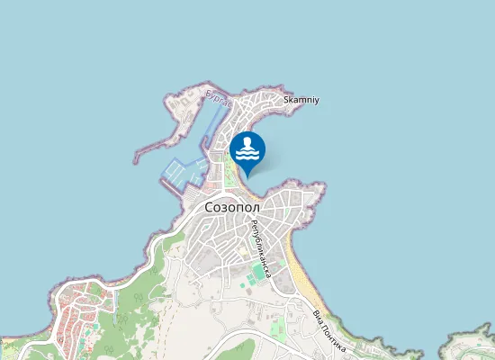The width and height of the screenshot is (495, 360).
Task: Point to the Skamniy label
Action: pos(301,99)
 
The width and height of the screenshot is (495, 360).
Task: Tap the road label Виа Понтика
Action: pos(329,330)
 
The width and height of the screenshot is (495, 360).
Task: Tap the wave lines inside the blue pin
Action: pos(247,155)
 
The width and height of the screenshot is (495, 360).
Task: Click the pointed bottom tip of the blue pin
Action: pos(247,175)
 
